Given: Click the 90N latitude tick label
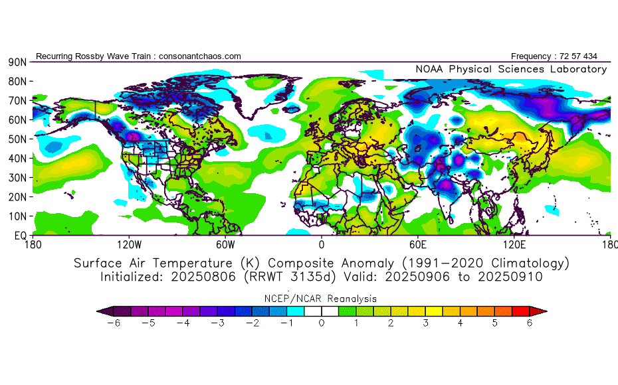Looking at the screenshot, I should tap(17, 62).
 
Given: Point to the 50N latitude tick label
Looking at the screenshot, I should tap(17, 139).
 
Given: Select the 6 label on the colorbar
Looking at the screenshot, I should tap(530, 324).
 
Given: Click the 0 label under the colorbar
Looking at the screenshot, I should tap(322, 324).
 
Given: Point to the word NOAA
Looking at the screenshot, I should tap(430, 69).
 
